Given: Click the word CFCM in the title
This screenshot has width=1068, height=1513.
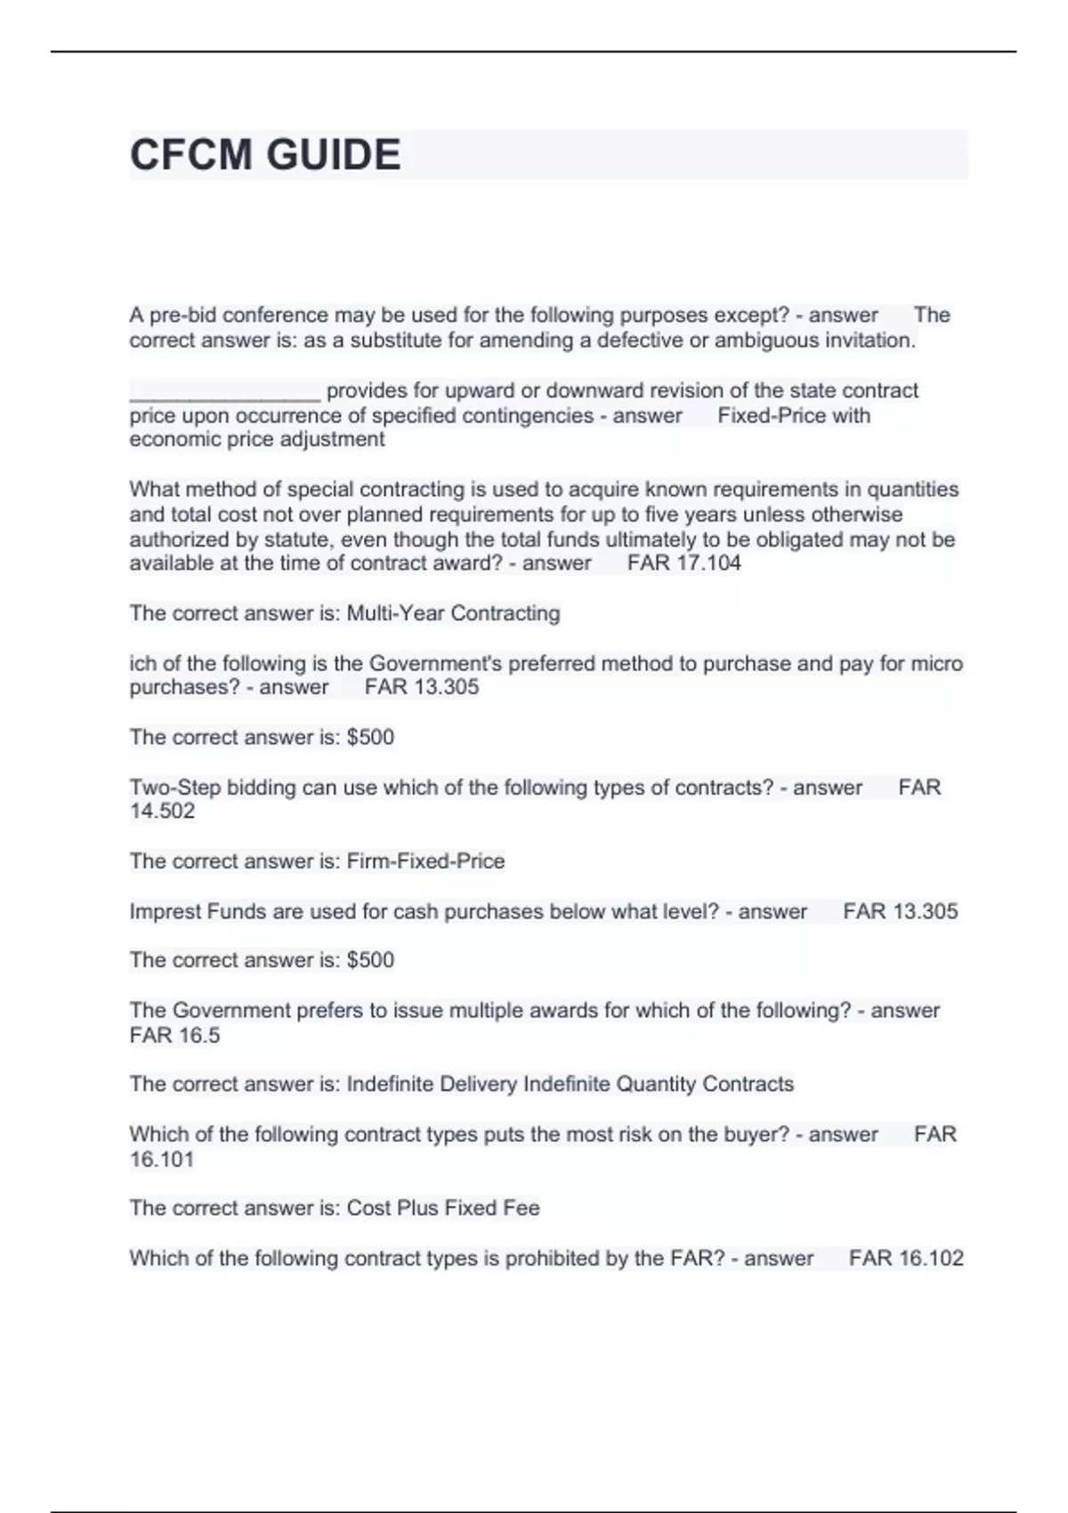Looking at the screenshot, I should coord(190,155).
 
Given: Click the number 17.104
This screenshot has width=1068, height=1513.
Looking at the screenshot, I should coord(708,562).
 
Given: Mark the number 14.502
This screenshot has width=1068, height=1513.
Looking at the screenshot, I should coord(162,811).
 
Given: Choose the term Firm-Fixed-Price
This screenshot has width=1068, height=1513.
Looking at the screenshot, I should coord(425,861).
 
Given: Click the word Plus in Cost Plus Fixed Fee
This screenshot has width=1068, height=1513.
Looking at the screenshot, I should coord(417,1208).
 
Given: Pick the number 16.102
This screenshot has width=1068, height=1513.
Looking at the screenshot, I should coord(931,1258).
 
